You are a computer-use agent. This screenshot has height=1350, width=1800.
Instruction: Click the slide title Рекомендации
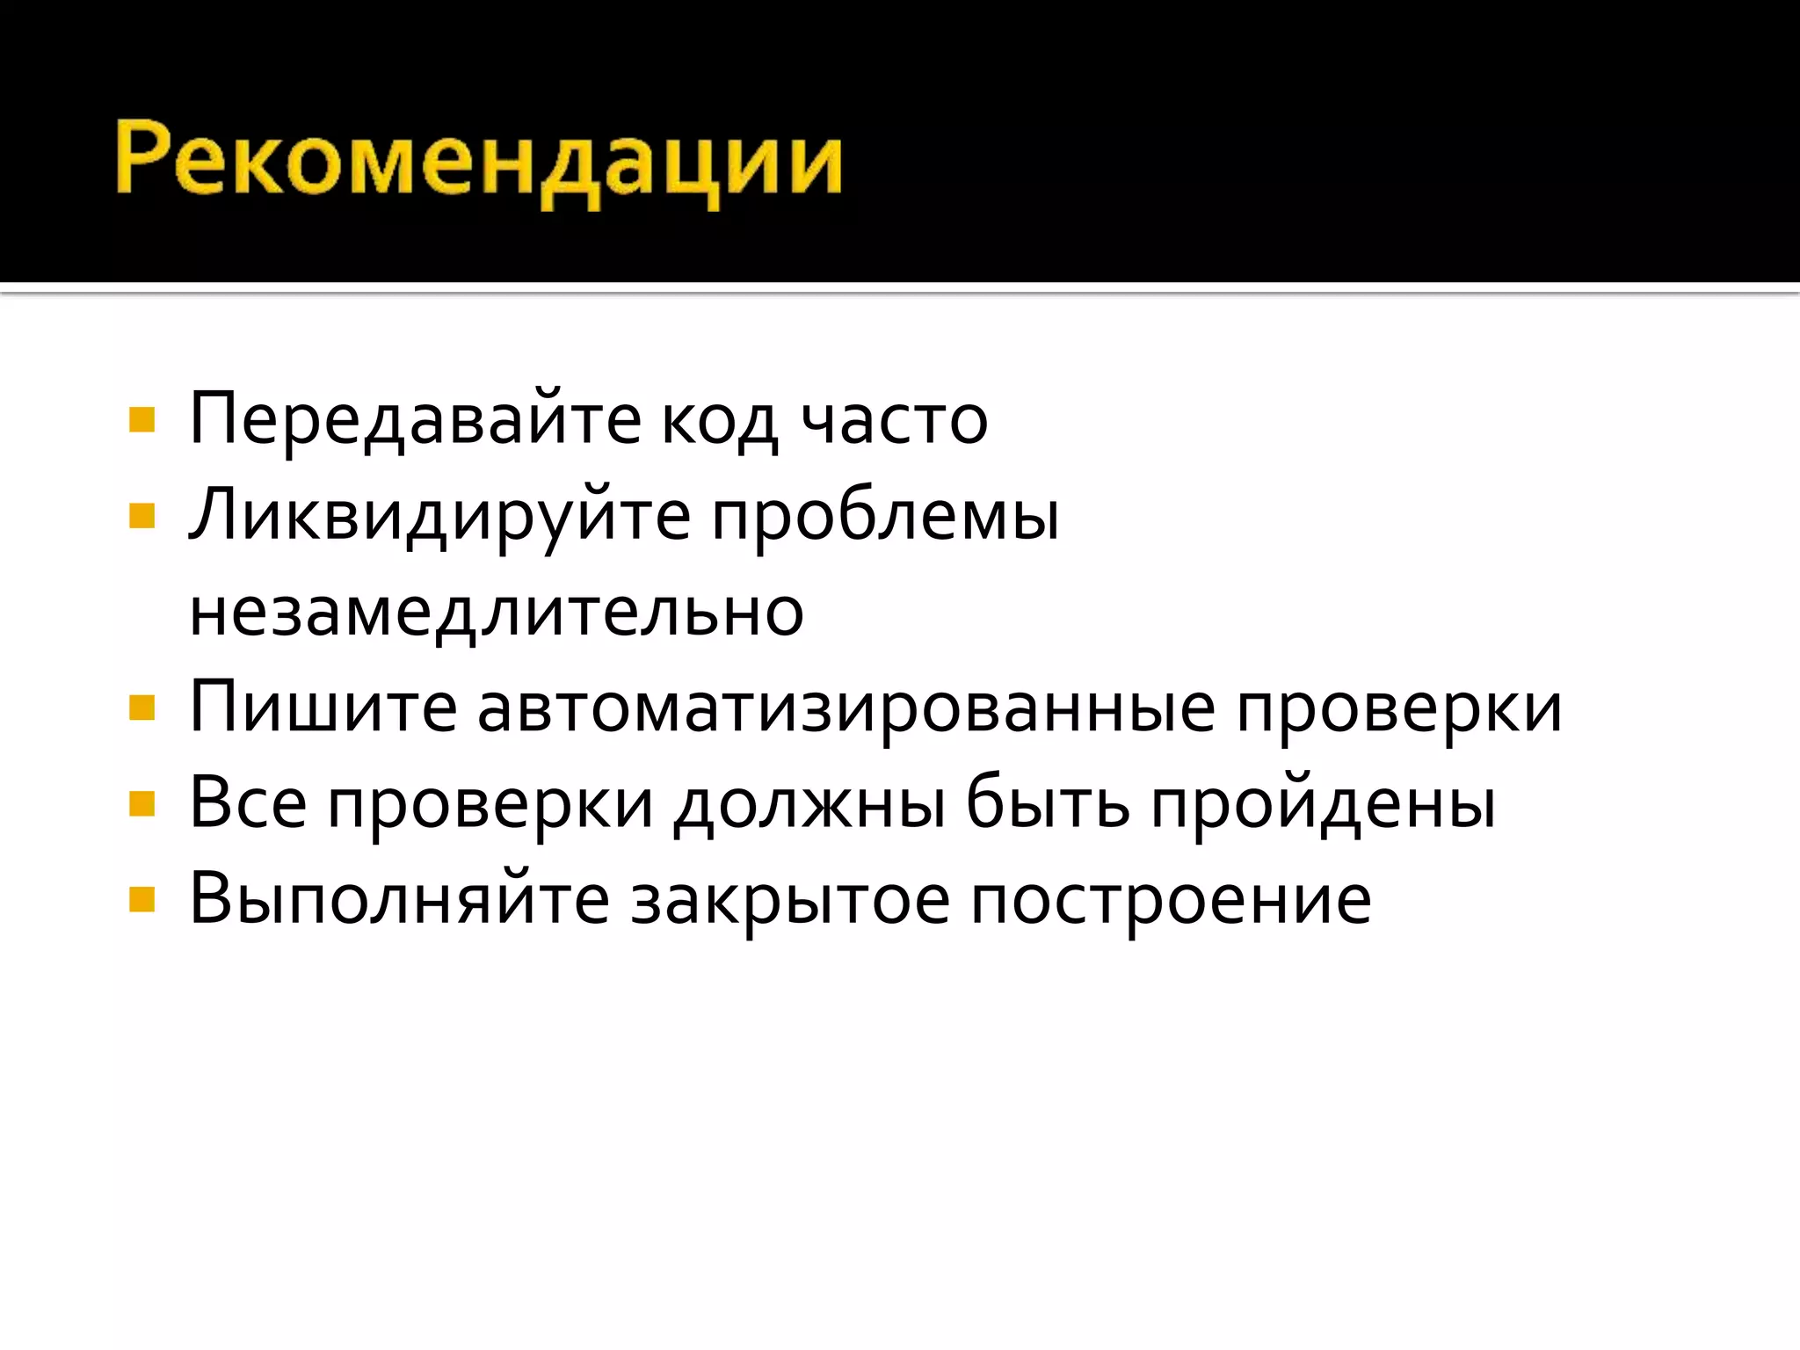click(x=479, y=163)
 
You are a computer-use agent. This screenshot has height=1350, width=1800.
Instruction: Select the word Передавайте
click(x=416, y=420)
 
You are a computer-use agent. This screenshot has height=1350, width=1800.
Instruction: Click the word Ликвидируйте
click(x=439, y=517)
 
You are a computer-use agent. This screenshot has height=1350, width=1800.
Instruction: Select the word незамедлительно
click(x=497, y=613)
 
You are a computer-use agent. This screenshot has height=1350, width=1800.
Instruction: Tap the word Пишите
click(x=323, y=708)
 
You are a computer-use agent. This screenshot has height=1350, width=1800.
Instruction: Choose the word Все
click(x=249, y=803)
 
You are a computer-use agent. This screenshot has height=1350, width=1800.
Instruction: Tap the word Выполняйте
click(x=399, y=900)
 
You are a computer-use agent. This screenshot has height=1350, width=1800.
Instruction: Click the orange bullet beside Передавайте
click(x=142, y=420)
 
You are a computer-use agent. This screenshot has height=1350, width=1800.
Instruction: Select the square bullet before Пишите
click(x=142, y=708)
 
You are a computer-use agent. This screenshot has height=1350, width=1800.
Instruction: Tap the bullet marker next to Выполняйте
click(x=142, y=899)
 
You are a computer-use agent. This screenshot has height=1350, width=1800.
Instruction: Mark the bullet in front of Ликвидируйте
click(x=142, y=515)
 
